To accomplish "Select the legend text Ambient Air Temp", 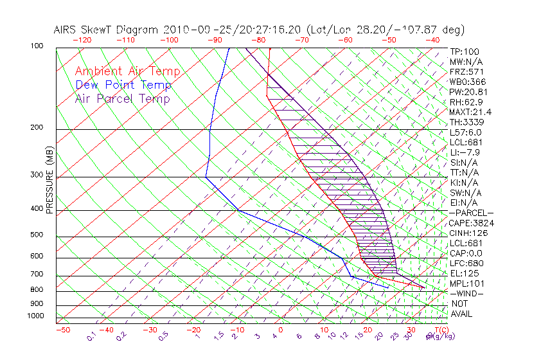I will [127, 71].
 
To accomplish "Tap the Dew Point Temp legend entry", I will [123, 85].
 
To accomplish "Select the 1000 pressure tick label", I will [36, 316].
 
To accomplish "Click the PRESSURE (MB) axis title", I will [49, 181].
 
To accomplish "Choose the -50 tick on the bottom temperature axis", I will [62, 330].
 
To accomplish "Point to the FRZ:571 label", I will [466, 71].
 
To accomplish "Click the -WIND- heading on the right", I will [467, 293].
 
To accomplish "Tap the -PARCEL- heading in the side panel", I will [471, 213].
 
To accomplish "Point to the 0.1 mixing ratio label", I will [91, 336].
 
